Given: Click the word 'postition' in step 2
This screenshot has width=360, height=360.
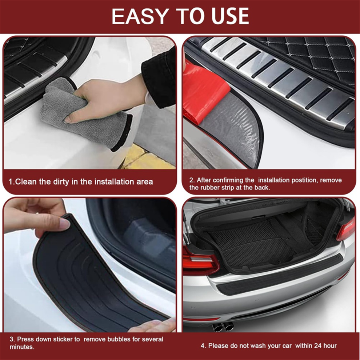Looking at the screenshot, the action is (304, 180).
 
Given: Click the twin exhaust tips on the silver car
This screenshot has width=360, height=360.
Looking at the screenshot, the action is (223, 327).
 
